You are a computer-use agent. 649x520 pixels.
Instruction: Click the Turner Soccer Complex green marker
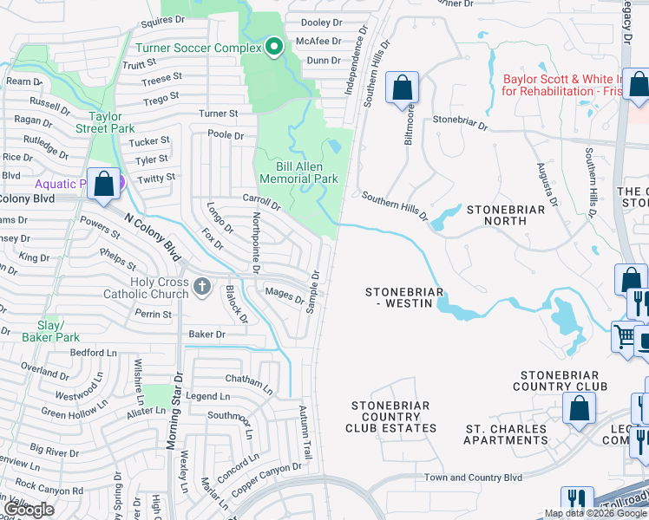coord(274,47)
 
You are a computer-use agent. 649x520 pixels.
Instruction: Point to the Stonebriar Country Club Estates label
coord(393,417)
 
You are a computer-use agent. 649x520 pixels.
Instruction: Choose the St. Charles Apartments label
coord(506,434)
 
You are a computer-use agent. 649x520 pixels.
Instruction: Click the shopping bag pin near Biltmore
coord(403,87)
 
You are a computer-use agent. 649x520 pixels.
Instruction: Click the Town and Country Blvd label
coord(473,478)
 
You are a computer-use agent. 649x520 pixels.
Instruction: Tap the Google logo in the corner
coord(29,510)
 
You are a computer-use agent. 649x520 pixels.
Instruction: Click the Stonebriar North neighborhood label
coord(506,215)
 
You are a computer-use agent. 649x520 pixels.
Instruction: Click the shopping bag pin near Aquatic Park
coord(104,184)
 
